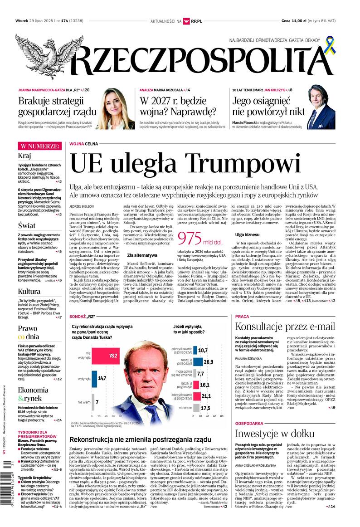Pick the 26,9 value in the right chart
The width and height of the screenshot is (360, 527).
(208, 361)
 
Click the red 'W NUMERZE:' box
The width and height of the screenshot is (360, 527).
(39, 146)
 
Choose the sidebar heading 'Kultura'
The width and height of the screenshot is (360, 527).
(29, 291)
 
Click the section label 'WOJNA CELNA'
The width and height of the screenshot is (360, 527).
(84, 144)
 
